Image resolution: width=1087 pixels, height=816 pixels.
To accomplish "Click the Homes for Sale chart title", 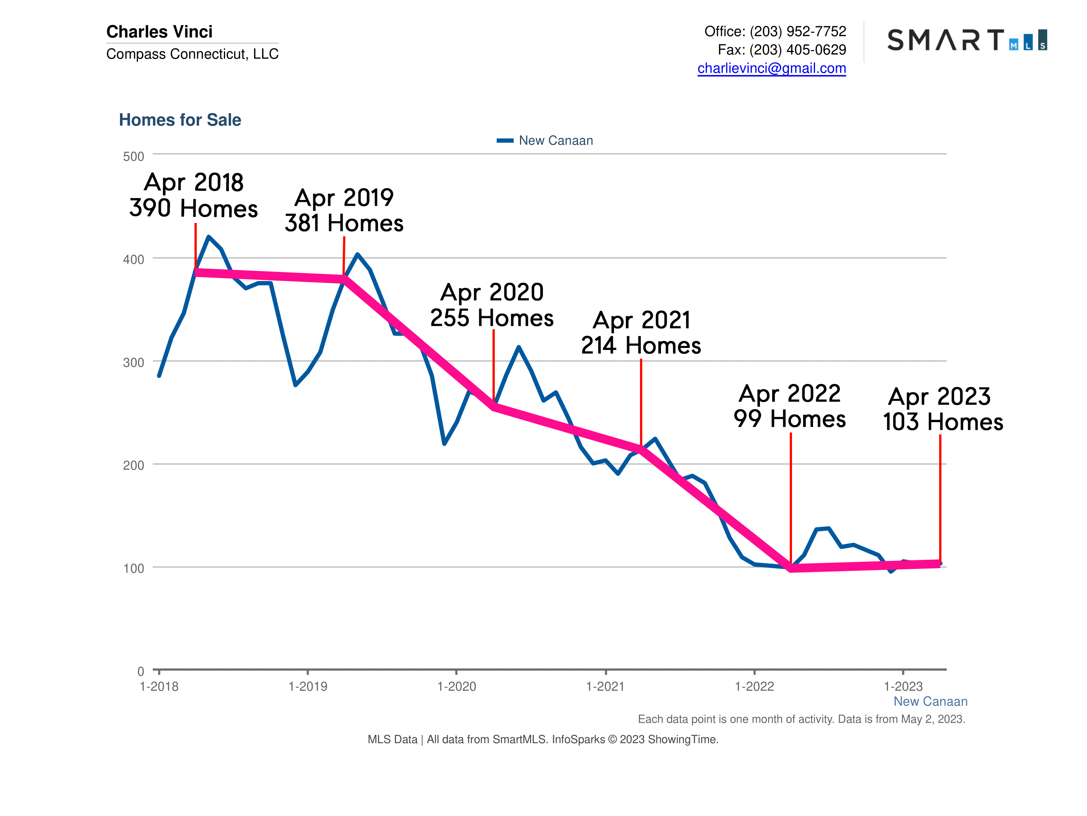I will [180, 120].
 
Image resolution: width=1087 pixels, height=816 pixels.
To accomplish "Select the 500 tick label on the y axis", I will [134, 157].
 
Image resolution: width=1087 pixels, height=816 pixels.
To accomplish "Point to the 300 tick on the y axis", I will [134, 363].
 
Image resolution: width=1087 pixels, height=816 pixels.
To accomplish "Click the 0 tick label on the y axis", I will [141, 671].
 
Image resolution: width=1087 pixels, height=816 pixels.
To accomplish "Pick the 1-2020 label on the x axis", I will [457, 687].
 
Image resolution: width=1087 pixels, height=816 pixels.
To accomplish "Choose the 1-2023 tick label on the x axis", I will [903, 687].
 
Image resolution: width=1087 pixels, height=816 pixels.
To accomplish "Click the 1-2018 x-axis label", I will [159, 687].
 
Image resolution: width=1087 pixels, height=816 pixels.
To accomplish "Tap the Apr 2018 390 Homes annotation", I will [194, 195].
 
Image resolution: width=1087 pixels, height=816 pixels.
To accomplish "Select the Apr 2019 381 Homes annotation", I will [344, 211].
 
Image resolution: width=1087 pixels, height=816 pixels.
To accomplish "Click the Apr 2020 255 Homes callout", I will [492, 305].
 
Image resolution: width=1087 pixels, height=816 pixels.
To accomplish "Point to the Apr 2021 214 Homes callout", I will [641, 333].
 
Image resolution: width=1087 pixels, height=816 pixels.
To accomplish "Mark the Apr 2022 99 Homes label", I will [790, 406].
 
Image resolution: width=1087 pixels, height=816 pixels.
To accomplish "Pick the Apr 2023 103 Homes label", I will [943, 409].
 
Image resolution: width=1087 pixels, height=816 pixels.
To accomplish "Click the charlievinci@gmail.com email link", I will [771, 68].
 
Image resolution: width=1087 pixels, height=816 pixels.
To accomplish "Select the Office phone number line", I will [775, 31].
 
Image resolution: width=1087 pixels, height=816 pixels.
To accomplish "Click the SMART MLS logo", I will [967, 40].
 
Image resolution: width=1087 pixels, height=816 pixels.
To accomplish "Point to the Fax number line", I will [782, 50].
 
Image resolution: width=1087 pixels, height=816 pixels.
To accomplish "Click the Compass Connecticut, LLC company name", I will [192, 54].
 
